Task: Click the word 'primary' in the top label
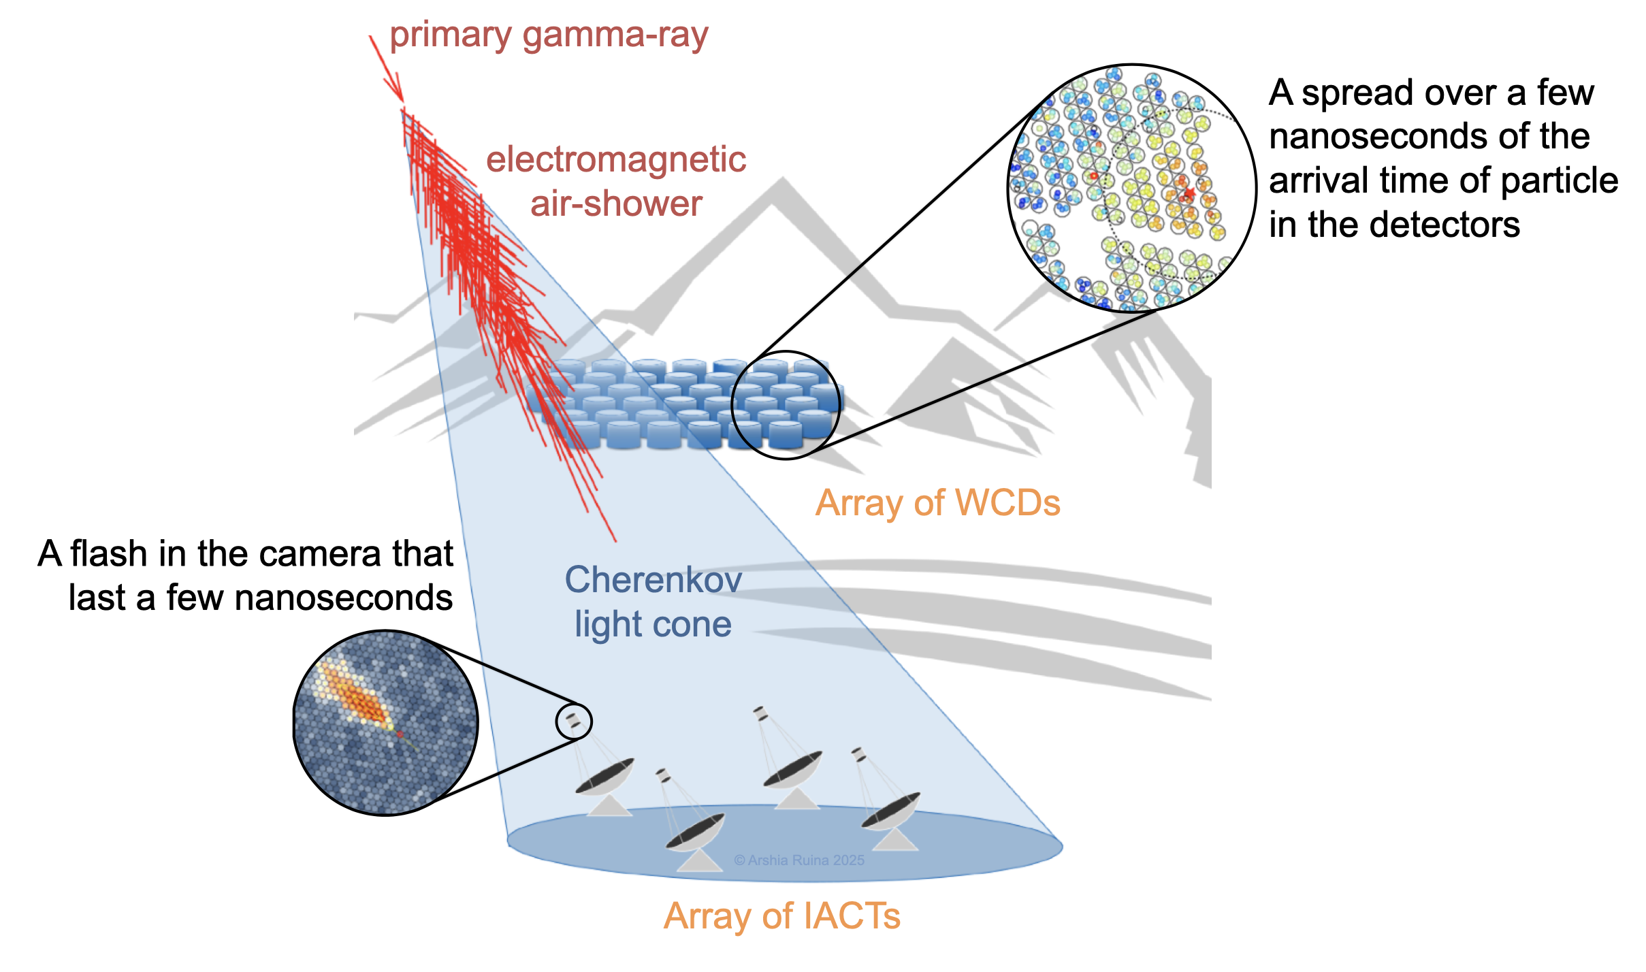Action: pyautogui.click(x=450, y=35)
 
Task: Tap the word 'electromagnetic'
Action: pyautogui.click(x=616, y=159)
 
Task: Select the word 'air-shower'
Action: pyautogui.click(x=616, y=204)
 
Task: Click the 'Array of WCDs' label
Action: pyautogui.click(x=937, y=503)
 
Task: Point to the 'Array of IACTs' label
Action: pyautogui.click(x=781, y=916)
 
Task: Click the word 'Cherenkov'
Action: pyautogui.click(x=653, y=580)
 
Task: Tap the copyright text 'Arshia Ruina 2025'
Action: pyautogui.click(x=799, y=860)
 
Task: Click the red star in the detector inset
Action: pyautogui.click(x=1188, y=194)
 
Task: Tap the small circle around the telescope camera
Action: pyautogui.click(x=574, y=722)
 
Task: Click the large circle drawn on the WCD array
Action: pyautogui.click(x=786, y=405)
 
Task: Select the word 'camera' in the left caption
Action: pyautogui.click(x=319, y=553)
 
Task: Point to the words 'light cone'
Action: pyautogui.click(x=653, y=624)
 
